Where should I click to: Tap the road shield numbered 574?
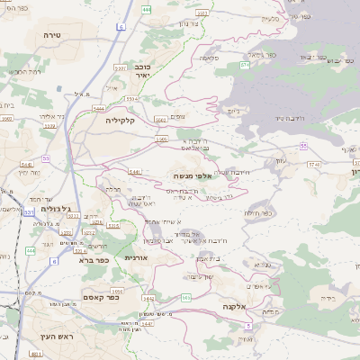[244, 65]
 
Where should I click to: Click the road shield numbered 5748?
[314, 164]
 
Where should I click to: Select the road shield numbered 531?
[27, 212]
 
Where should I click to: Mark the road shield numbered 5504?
[131, 100]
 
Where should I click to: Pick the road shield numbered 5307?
[120, 67]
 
